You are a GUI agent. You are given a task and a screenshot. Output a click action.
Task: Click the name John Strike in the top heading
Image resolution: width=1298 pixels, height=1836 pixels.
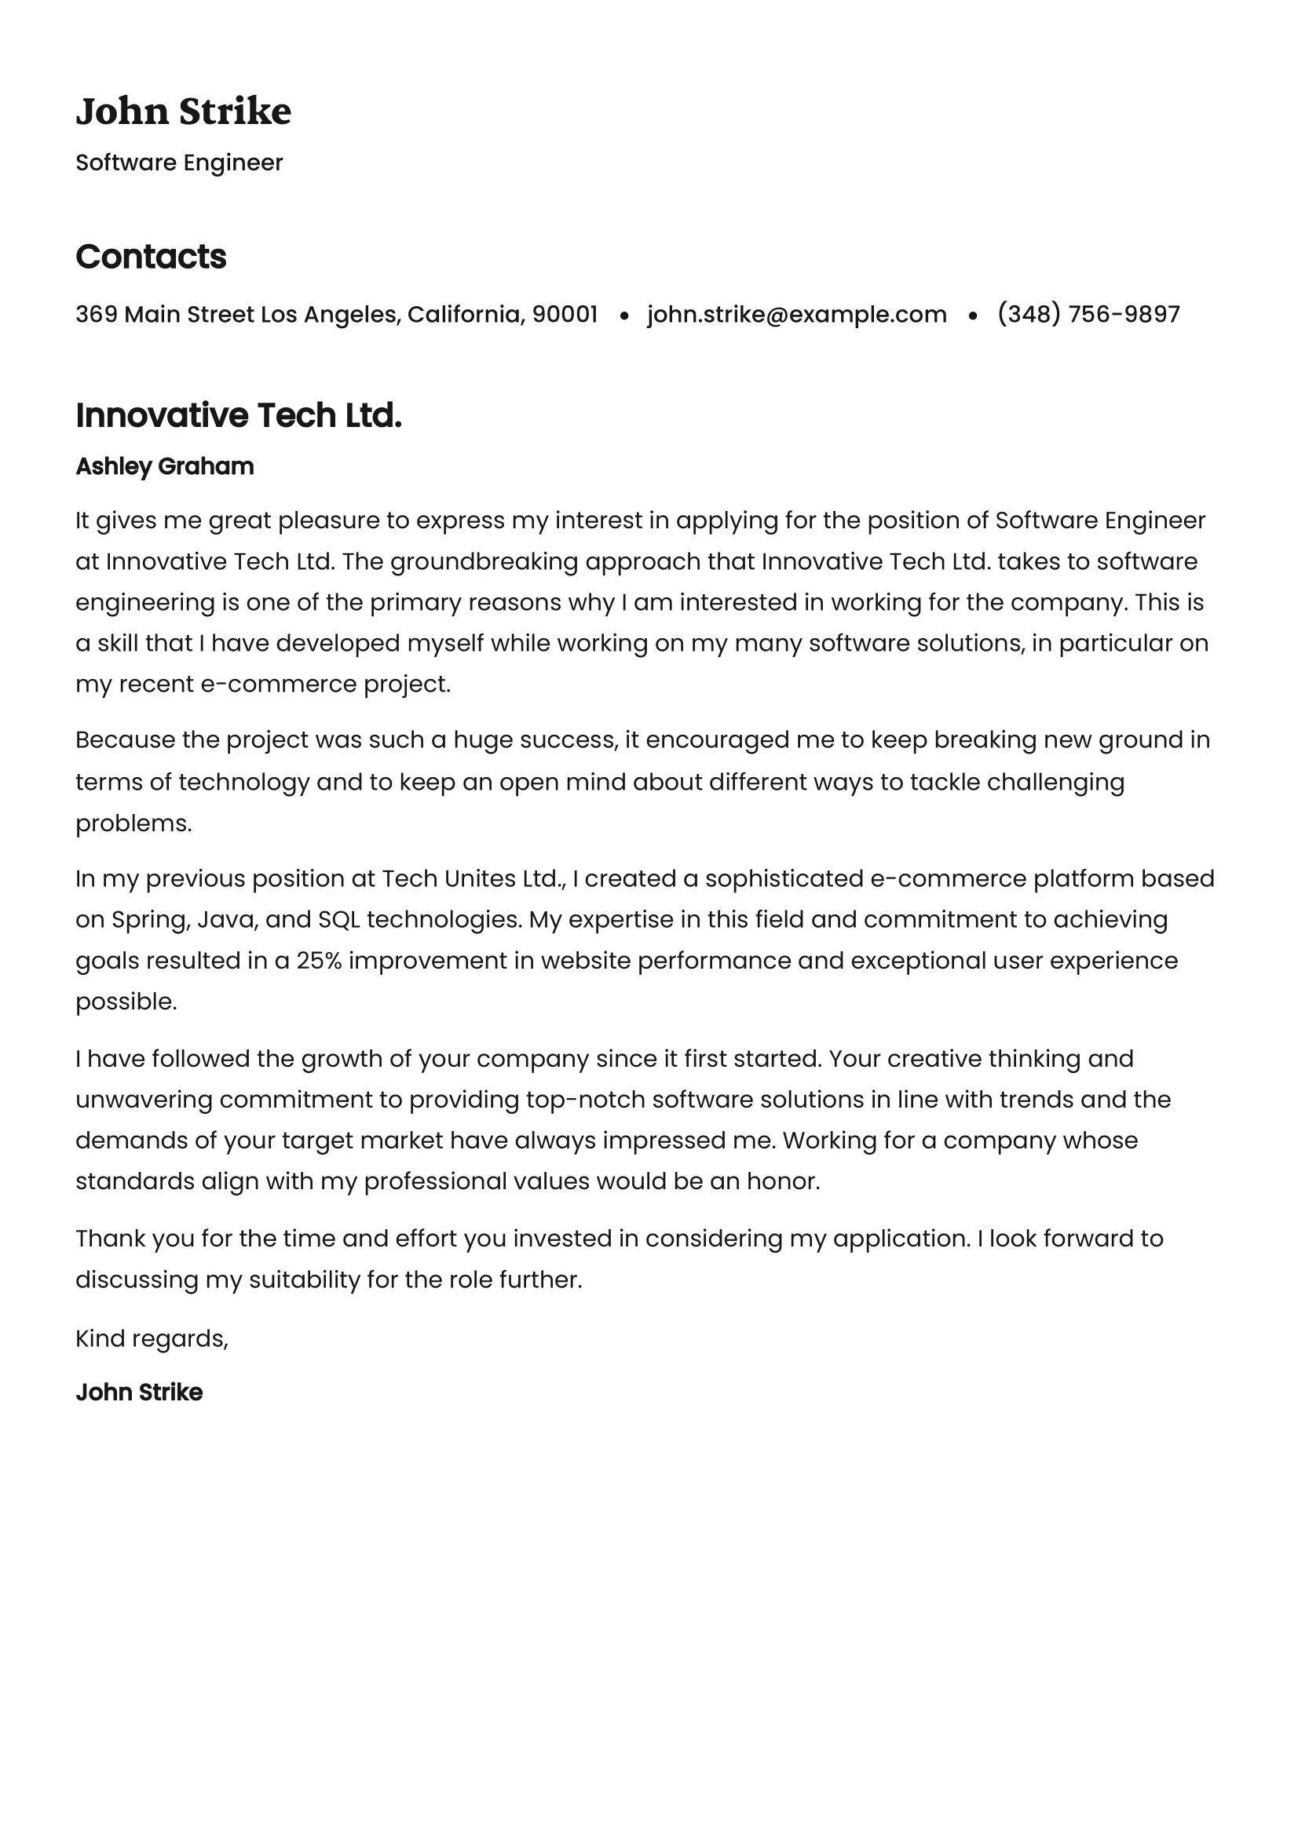(183, 111)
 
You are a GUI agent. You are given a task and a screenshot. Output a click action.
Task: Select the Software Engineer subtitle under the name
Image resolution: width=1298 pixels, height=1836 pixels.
(179, 162)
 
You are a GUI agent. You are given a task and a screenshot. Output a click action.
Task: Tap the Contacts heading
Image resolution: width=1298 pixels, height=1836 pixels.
(150, 257)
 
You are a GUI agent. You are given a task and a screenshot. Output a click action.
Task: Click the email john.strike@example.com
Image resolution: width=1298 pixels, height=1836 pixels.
(796, 314)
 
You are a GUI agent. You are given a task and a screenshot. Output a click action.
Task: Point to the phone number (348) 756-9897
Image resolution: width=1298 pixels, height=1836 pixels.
(1088, 314)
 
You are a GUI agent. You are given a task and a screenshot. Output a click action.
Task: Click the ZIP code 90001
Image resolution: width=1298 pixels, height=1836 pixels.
(565, 314)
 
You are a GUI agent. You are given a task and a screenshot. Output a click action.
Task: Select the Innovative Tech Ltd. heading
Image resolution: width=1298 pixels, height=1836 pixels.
(239, 416)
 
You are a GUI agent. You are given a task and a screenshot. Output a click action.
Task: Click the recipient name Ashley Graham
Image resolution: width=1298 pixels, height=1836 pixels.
(165, 466)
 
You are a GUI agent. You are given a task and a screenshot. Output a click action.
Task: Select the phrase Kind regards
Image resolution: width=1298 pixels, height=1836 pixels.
(152, 1338)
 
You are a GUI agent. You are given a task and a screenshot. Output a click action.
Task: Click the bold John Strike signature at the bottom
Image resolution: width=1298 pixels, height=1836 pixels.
(139, 1393)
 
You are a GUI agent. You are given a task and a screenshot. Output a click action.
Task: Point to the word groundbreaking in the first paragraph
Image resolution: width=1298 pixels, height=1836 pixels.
(484, 561)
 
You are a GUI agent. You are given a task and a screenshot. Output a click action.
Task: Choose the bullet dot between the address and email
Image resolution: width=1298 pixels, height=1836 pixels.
(623, 316)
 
